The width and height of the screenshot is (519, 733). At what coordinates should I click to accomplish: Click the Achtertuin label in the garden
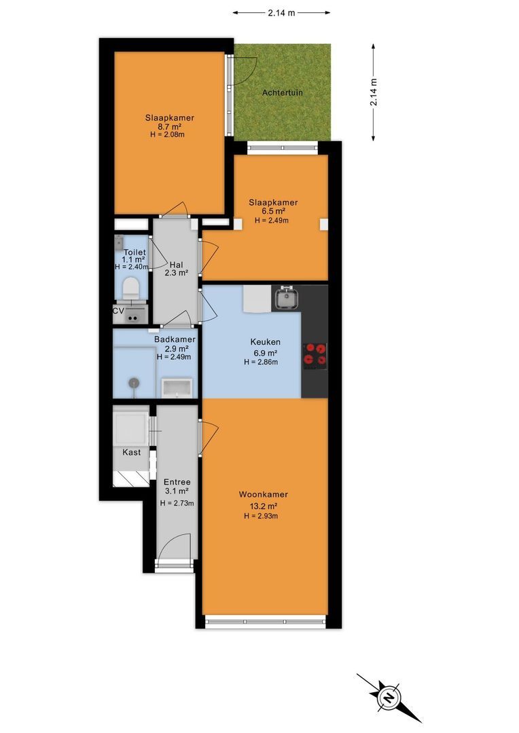click(282, 92)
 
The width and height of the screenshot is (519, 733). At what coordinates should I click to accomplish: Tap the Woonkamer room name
click(264, 494)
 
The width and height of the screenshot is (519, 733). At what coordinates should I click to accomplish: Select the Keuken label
click(266, 341)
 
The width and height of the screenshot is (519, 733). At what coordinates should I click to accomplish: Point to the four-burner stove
click(315, 354)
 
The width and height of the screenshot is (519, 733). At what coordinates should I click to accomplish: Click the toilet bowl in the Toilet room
click(130, 288)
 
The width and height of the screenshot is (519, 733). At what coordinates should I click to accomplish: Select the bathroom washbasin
click(177, 388)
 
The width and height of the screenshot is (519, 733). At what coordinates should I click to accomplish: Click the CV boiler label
click(118, 311)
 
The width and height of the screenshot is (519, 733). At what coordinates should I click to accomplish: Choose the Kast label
click(132, 452)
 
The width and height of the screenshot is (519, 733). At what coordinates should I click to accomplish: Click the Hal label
click(177, 265)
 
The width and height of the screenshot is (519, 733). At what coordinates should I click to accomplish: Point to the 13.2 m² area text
click(264, 506)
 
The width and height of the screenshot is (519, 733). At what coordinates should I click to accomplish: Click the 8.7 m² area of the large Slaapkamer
click(169, 126)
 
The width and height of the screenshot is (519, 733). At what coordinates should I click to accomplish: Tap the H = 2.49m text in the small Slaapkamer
click(272, 220)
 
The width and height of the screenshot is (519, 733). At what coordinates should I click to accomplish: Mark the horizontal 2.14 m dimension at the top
click(282, 13)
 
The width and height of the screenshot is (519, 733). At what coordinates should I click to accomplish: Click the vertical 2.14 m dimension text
click(374, 92)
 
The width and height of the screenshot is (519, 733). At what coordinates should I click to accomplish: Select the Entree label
click(177, 482)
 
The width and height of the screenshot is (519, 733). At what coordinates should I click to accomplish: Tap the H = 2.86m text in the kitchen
click(261, 362)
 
